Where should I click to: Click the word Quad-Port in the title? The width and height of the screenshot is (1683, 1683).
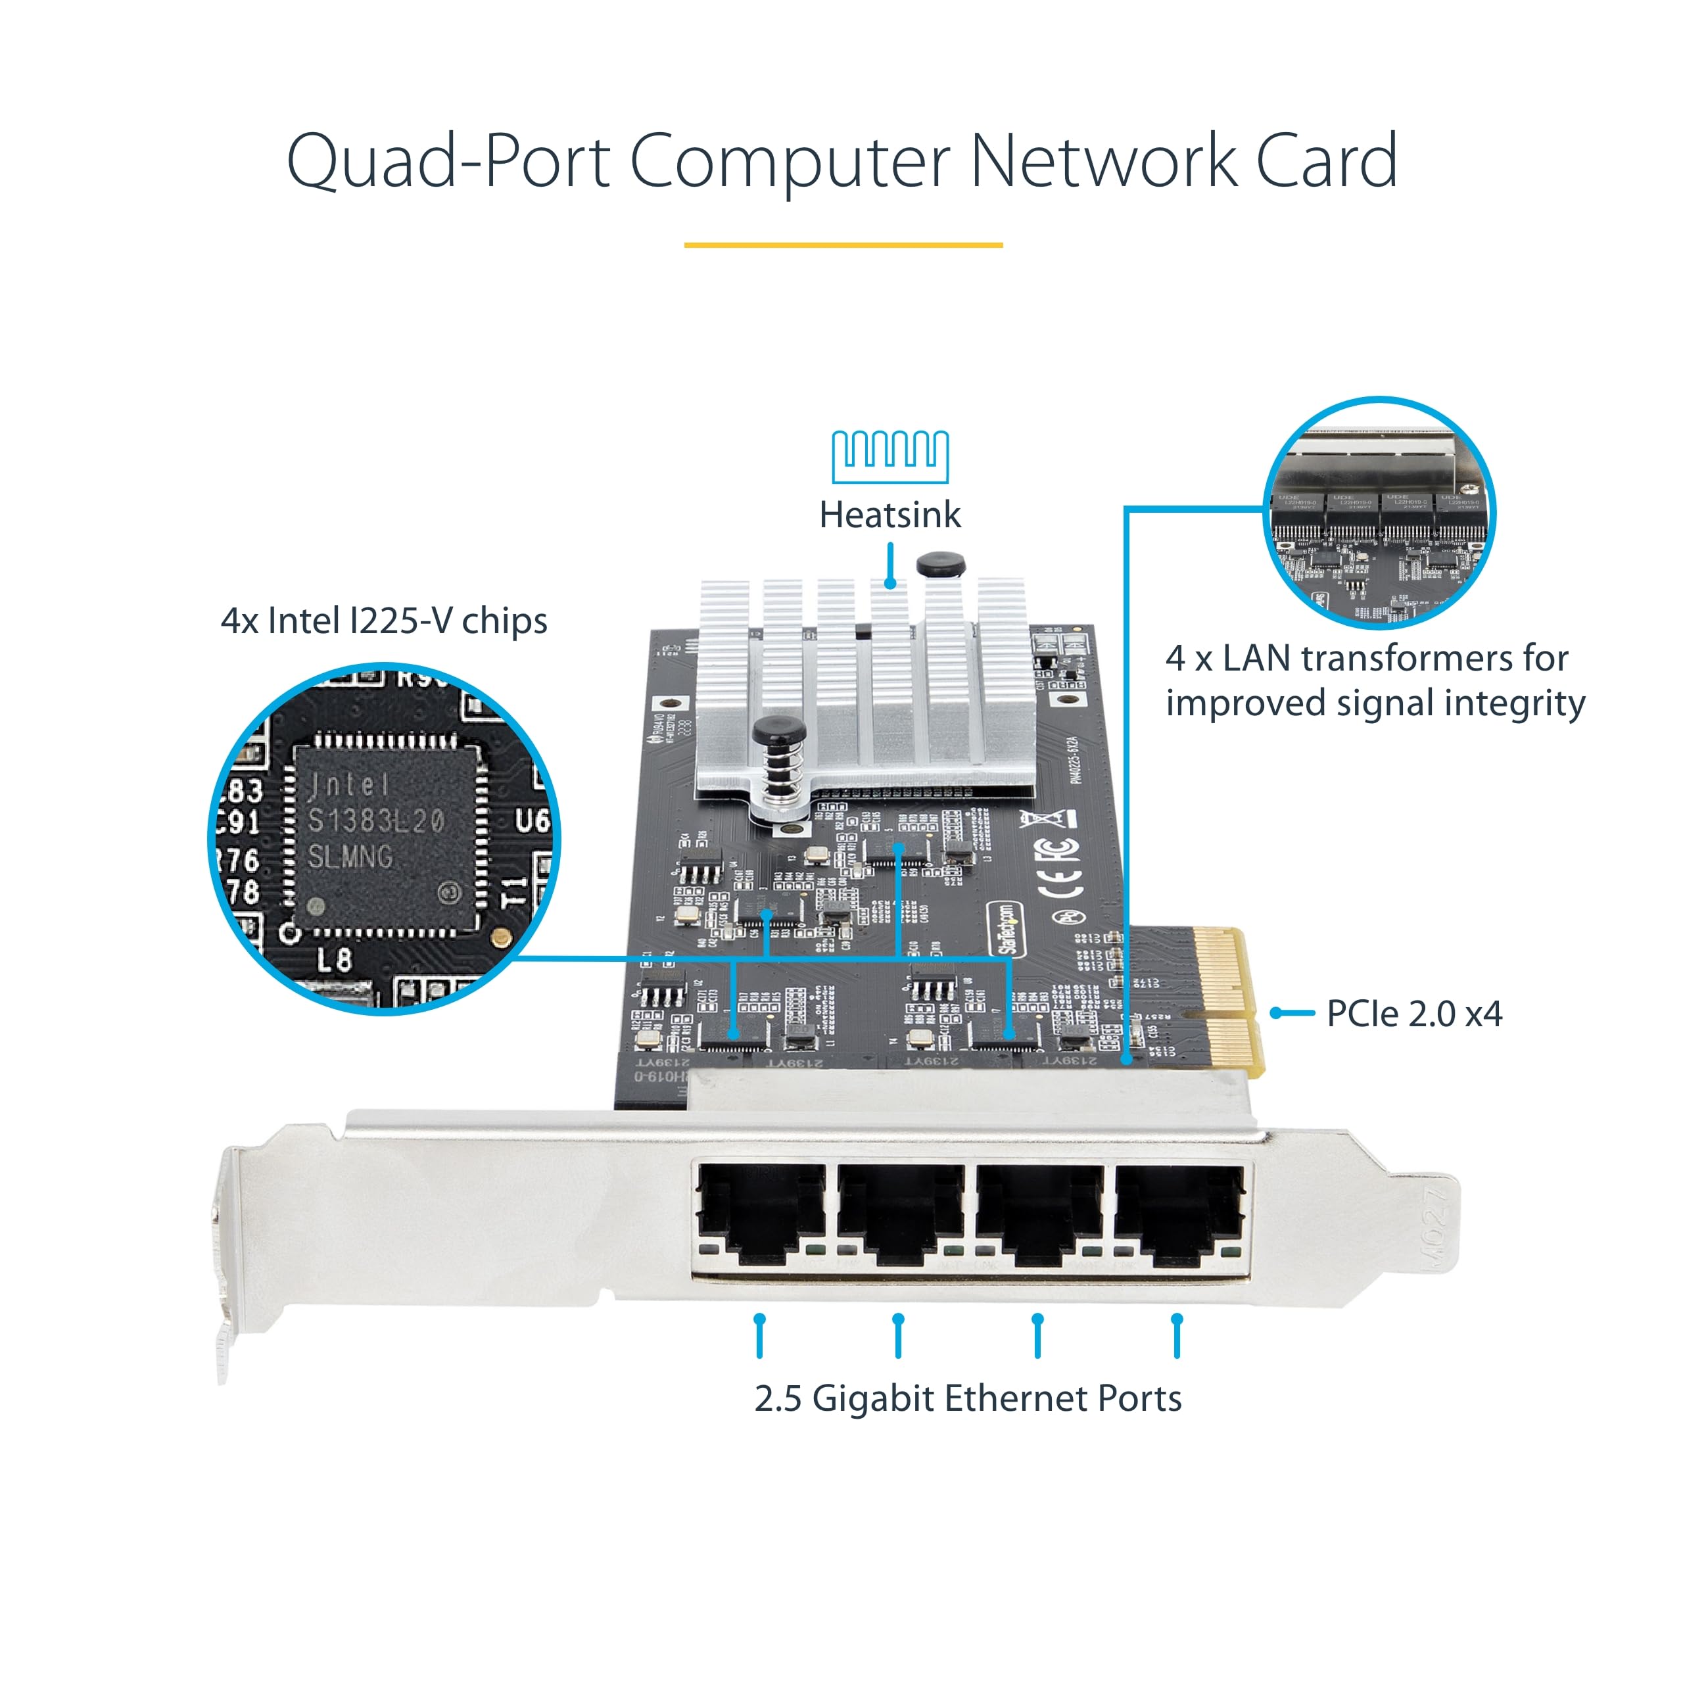point(448,162)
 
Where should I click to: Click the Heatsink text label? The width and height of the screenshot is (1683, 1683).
point(889,515)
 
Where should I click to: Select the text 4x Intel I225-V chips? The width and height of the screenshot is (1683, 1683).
point(384,621)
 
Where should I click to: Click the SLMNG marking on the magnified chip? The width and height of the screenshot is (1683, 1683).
point(350,857)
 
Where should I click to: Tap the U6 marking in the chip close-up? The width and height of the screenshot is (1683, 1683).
point(531,820)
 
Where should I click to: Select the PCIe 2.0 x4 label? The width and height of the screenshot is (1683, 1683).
point(1414,1013)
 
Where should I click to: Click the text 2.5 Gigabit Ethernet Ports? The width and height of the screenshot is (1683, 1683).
point(968,1399)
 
